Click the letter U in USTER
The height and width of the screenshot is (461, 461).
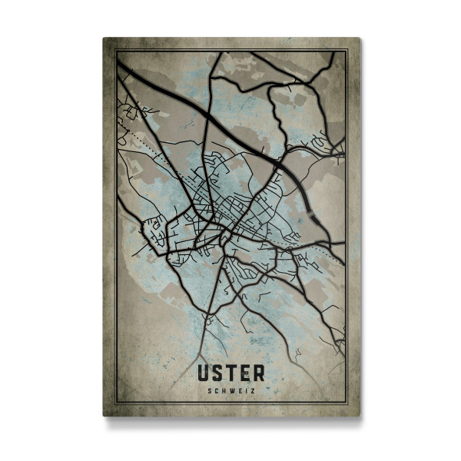coord(204,373)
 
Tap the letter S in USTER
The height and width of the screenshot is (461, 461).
coord(217,373)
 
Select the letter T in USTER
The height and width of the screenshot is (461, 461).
coord(231,373)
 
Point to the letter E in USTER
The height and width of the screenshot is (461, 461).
coord(244,373)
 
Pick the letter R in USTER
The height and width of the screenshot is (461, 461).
coord(258,373)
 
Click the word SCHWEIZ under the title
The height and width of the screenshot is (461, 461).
coord(230,391)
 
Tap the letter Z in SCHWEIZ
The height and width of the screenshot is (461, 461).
coord(251,391)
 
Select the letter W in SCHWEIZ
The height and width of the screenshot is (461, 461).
coord(231,391)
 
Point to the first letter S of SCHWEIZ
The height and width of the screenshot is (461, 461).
coord(210,391)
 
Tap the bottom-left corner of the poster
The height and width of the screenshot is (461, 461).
coord(104,416)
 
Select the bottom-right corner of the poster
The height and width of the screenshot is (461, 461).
coord(359,416)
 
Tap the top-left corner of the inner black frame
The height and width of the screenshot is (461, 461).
coord(117,51)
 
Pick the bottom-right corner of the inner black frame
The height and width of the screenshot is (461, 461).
coord(346,402)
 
